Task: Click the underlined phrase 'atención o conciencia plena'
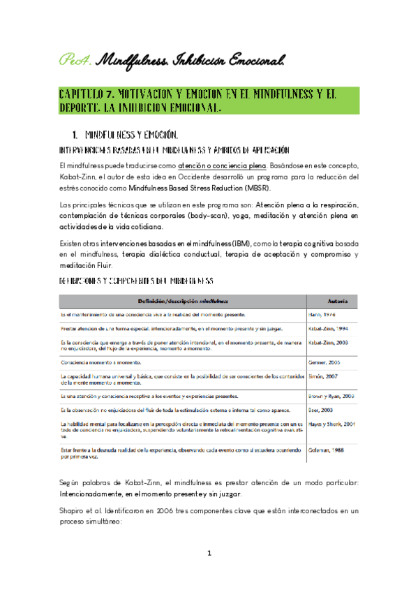pyautogui.click(x=222, y=165)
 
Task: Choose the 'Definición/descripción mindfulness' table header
pyautogui.click(x=183, y=301)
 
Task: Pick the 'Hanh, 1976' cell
pyautogui.click(x=324, y=316)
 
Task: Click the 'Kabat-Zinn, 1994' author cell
pyautogui.click(x=331, y=328)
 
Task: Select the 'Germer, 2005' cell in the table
pyautogui.click(x=327, y=362)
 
